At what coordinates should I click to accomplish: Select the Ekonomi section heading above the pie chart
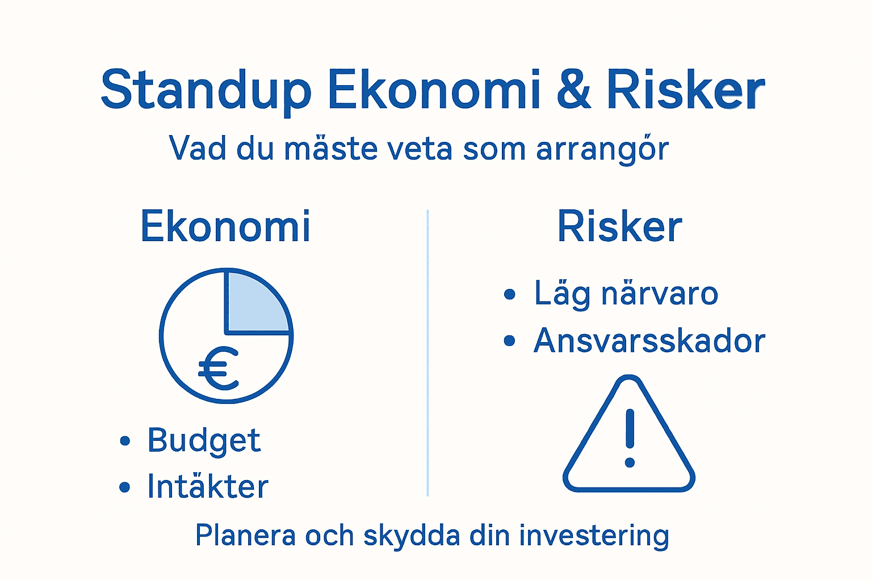coord(225,226)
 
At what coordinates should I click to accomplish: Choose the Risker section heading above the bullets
coord(619,226)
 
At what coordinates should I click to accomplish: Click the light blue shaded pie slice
coord(254,304)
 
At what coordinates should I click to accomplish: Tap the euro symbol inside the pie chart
coord(219,368)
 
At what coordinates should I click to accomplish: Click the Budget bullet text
coord(204,440)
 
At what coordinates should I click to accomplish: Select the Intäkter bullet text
coord(207,487)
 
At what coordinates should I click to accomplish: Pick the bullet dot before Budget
coord(125,441)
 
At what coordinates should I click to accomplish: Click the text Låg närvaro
coord(626,294)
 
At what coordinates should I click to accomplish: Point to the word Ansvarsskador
coord(649,341)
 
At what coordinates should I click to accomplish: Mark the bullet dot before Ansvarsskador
coord(509,341)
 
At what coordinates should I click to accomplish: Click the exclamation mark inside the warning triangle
coord(629,437)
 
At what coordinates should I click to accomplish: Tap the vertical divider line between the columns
coord(427,352)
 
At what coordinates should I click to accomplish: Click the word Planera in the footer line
coord(245,536)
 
